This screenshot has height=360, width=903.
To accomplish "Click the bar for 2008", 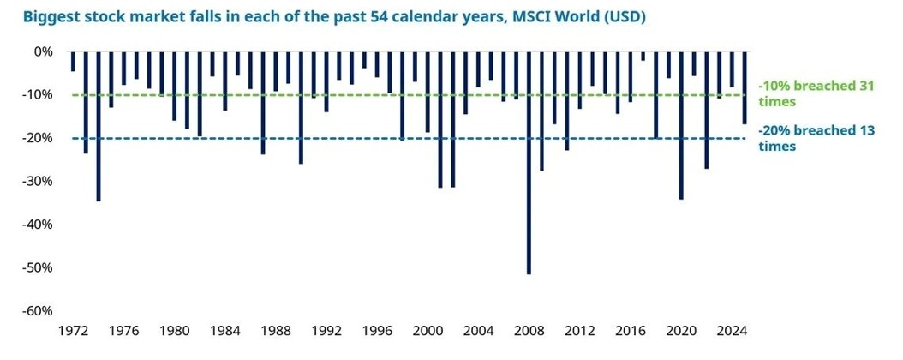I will tap(529, 163).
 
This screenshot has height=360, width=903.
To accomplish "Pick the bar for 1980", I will tap(174, 86).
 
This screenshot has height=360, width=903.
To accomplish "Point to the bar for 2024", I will tap(732, 69).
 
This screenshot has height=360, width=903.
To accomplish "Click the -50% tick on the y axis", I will tap(39, 267).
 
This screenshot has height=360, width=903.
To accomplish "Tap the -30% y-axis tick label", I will tap(39, 181).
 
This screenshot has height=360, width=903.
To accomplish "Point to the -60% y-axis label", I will tap(39, 310).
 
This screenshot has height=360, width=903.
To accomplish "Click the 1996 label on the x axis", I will tap(377, 331).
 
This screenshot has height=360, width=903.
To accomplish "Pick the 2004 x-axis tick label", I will tap(478, 331).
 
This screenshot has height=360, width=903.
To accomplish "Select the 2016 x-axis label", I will tap(631, 331).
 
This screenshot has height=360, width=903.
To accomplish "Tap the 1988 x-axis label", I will tap(276, 331).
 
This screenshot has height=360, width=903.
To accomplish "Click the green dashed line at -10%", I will tap(343, 95).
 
